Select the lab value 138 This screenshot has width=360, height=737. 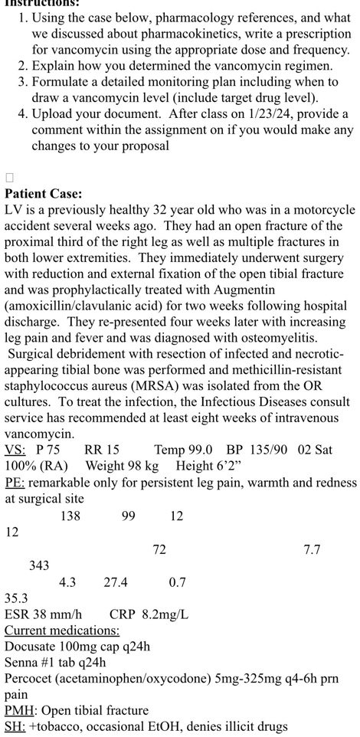point(70,516)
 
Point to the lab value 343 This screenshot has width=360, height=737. point(39,565)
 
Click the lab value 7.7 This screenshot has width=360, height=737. point(312,549)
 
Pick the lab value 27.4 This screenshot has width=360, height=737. point(116,582)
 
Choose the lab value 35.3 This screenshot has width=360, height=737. point(16,598)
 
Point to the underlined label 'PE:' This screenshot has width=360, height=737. point(15,483)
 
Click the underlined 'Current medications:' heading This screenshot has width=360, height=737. point(62,631)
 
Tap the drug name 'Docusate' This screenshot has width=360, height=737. point(31,647)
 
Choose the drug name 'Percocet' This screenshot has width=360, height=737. point(30,679)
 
